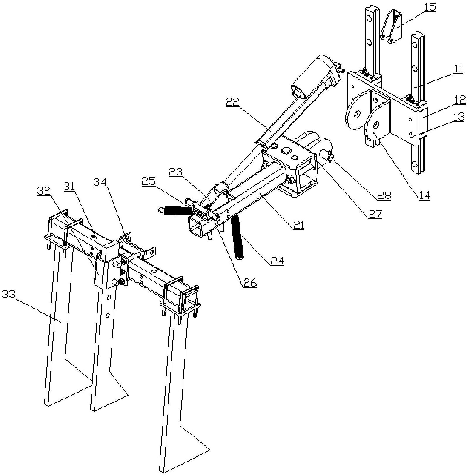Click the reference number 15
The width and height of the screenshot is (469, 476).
click(429, 7)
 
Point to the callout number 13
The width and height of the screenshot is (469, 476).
click(459, 117)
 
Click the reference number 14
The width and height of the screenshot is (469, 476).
click(424, 195)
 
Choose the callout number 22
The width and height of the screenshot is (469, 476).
click(232, 102)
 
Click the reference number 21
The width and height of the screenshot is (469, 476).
click(298, 225)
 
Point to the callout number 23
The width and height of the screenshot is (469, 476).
click(176, 172)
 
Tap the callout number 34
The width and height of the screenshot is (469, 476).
click(100, 182)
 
